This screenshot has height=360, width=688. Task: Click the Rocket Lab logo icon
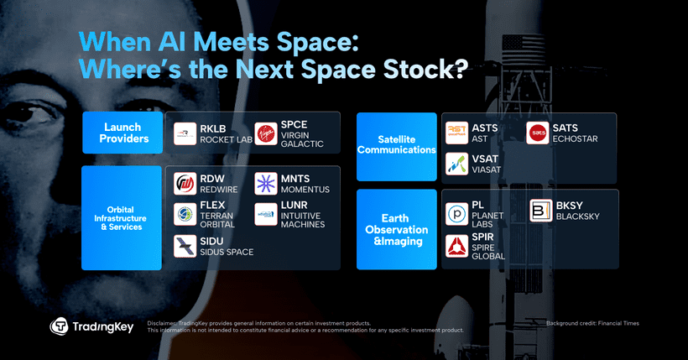(x=185, y=133)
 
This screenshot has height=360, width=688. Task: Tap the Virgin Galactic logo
(x=266, y=133)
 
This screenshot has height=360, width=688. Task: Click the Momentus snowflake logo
(x=266, y=184)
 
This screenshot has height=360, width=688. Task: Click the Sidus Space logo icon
(x=185, y=246)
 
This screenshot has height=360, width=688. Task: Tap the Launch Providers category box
(x=122, y=133)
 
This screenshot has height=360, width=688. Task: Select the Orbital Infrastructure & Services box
(x=122, y=217)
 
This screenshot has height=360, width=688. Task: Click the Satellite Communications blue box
(x=397, y=146)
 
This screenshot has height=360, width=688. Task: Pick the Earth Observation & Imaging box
(x=397, y=229)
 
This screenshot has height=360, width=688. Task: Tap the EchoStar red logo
(x=539, y=133)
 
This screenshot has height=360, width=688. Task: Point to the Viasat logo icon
(x=457, y=163)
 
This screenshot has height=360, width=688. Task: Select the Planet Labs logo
(x=457, y=212)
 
